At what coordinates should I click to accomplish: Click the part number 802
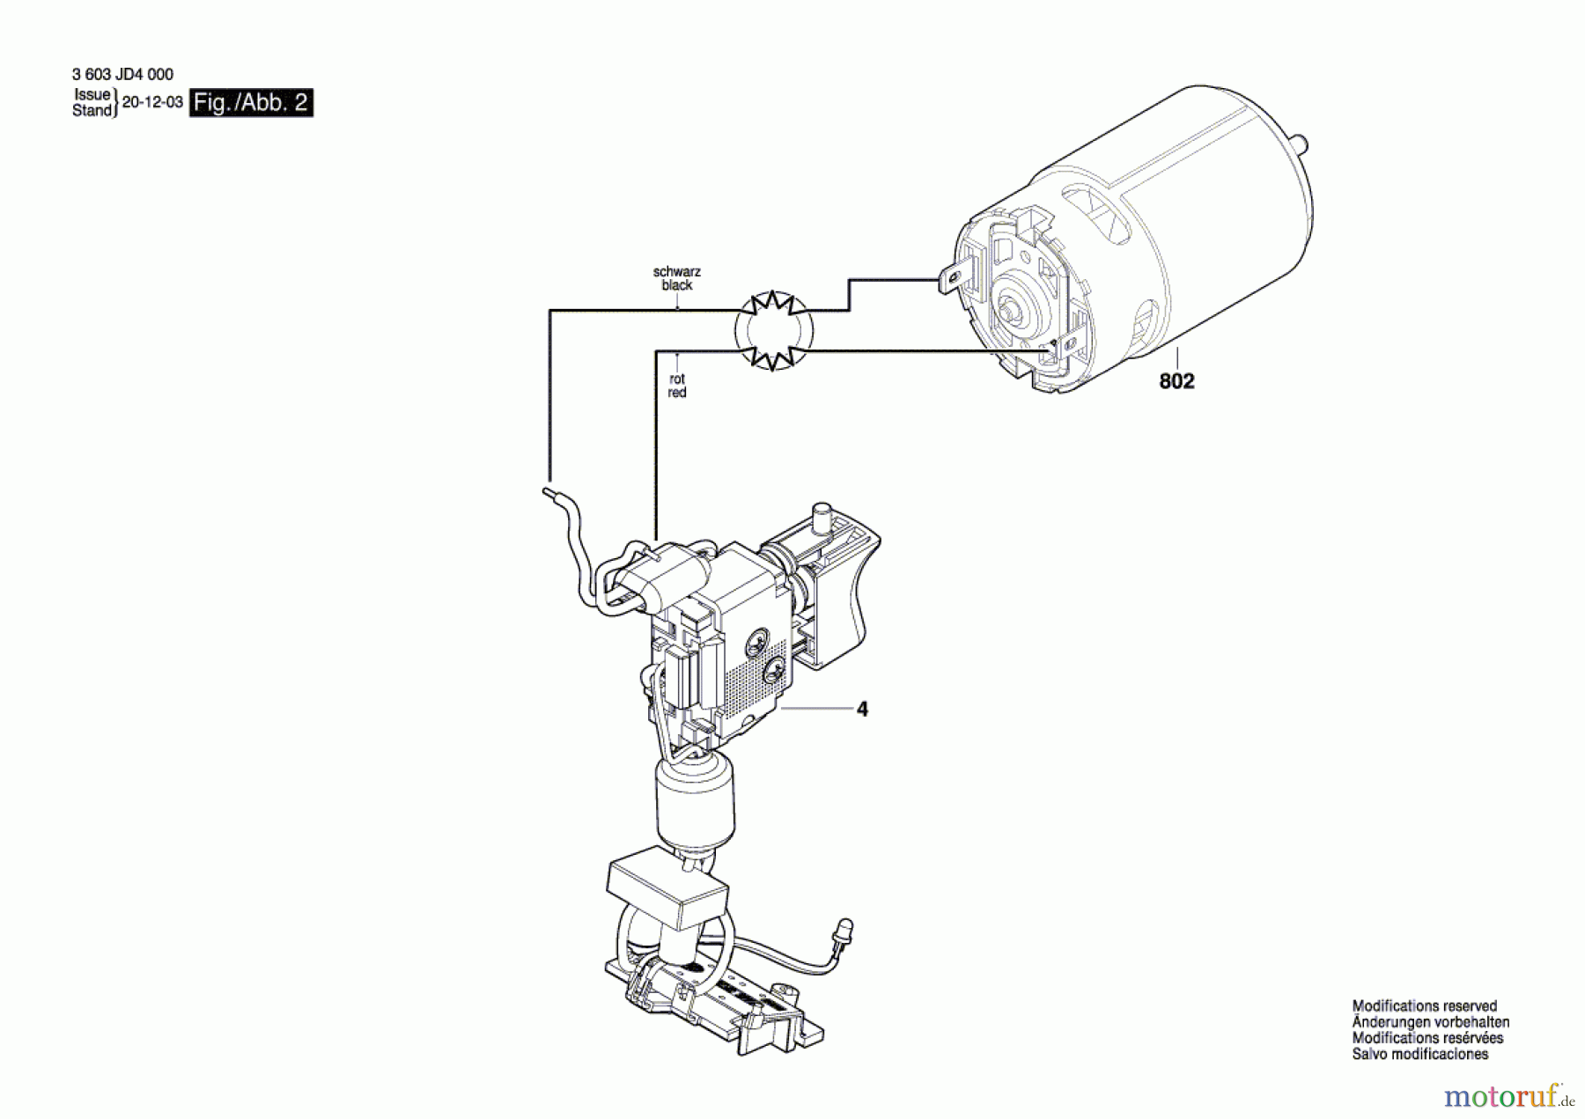1176,381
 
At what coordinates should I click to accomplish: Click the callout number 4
862,709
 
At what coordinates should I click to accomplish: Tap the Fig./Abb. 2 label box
251,103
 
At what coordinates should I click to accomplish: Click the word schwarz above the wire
676,272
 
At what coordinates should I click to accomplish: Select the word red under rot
676,393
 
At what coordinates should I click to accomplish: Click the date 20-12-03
152,102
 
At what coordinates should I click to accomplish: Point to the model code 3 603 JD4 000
122,75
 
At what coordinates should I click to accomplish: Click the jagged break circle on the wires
774,331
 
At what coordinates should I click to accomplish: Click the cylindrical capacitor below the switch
696,801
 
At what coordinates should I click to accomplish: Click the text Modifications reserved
1424,1005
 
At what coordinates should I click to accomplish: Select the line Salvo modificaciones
1419,1054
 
